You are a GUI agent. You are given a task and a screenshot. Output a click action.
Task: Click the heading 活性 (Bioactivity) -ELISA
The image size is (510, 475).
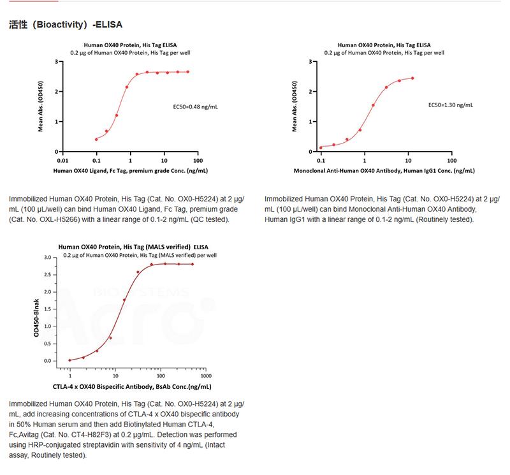66,25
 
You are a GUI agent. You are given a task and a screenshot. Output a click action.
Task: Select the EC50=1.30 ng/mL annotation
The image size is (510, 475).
450,104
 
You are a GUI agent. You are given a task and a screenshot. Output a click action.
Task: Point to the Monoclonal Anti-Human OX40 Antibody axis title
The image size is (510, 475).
384,171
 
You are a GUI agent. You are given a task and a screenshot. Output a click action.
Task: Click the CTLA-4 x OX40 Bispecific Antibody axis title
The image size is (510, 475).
131,386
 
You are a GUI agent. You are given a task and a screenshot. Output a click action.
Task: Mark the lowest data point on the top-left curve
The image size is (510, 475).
96,139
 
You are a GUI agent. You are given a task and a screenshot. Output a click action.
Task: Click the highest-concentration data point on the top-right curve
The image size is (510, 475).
412,78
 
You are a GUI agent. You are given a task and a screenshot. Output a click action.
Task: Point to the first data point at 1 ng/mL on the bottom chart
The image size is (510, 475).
69,360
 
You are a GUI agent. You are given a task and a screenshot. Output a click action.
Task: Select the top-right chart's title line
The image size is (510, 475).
384,45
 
